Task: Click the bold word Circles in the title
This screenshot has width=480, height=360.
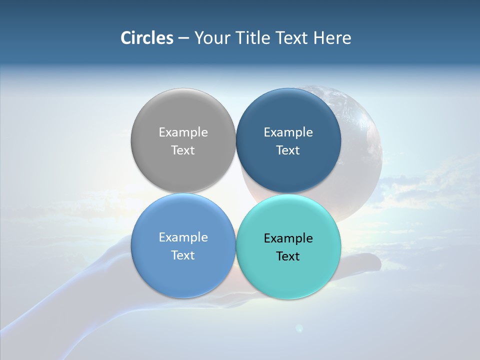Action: [x=146, y=38]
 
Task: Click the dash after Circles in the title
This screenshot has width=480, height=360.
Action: [x=183, y=38]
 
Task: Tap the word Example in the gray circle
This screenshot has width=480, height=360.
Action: [x=183, y=132]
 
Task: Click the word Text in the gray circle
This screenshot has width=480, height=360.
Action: [x=183, y=150]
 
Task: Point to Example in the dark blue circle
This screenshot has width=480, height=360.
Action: [x=288, y=132]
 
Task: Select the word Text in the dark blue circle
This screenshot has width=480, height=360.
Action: [x=288, y=150]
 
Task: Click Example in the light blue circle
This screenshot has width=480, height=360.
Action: [x=183, y=237]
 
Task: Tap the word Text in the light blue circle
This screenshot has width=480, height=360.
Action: [x=183, y=255]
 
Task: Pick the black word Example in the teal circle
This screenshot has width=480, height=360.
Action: [x=288, y=238]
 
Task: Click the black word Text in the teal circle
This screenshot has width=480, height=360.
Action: [x=288, y=256]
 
